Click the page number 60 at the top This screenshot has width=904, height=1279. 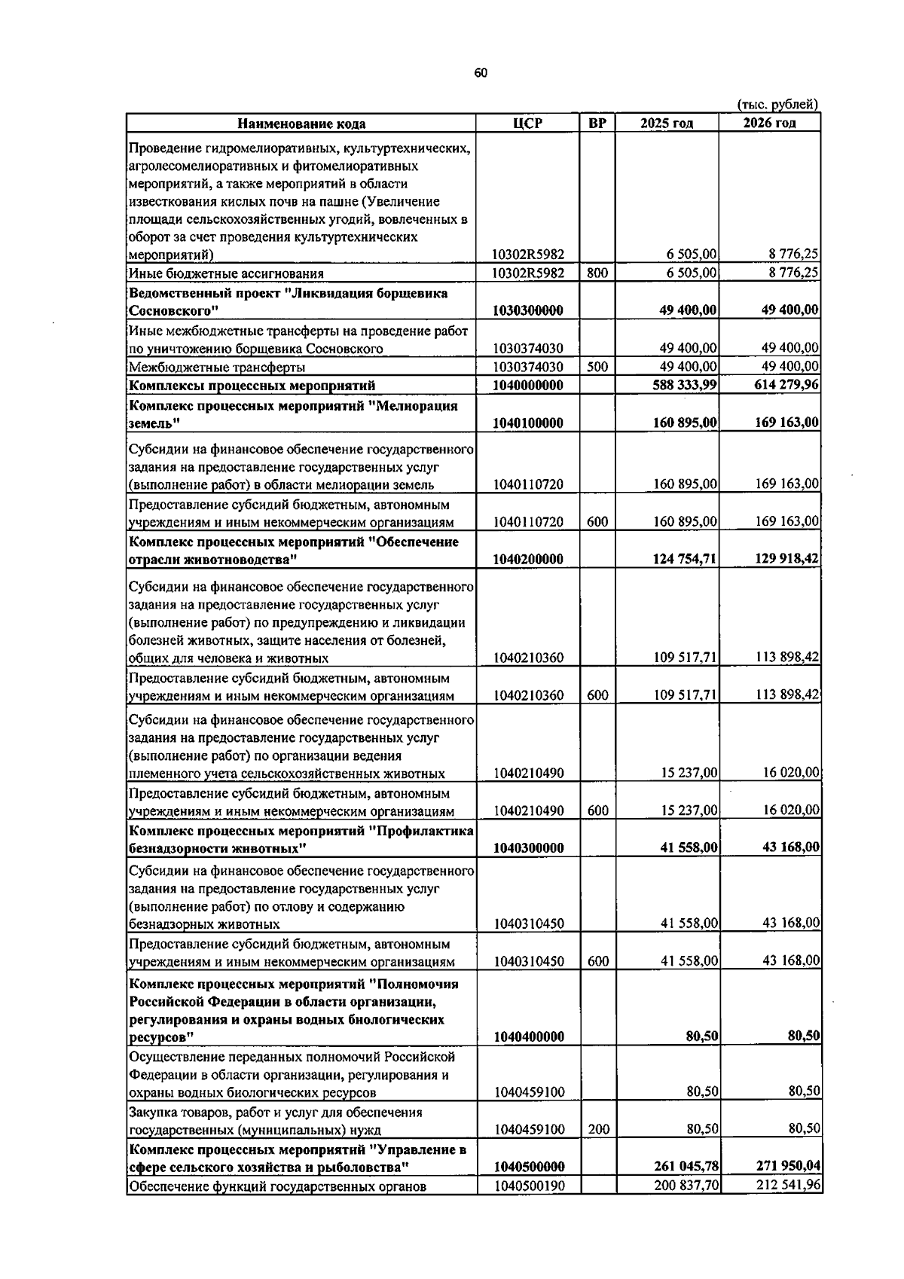click(x=481, y=73)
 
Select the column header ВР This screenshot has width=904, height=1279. click(x=597, y=123)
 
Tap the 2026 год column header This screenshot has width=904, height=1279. click(x=769, y=123)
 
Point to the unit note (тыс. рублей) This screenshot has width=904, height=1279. click(x=776, y=104)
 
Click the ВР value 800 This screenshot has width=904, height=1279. click(x=597, y=273)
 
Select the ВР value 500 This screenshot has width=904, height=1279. click(x=597, y=367)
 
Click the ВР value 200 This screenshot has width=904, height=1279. click(x=597, y=1129)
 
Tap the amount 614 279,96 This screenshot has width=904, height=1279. click(x=787, y=386)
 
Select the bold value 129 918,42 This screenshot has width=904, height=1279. click(x=787, y=559)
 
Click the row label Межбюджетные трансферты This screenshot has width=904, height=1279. click(x=217, y=368)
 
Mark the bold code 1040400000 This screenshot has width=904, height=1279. click(x=529, y=1037)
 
